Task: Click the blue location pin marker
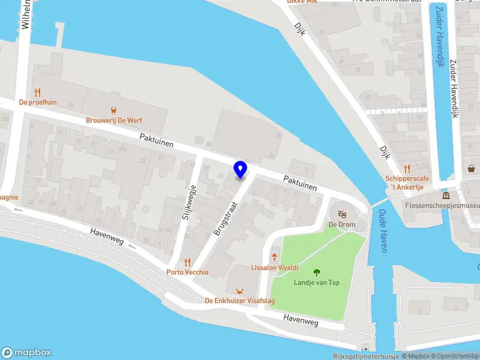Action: click(x=241, y=169)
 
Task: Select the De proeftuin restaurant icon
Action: click(x=38, y=92)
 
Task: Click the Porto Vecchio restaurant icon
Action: click(x=187, y=262)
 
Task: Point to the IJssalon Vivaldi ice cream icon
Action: click(x=275, y=257)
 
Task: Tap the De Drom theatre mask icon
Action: click(x=342, y=214)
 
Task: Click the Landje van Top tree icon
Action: click(x=316, y=272)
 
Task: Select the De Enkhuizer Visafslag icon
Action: click(x=240, y=290)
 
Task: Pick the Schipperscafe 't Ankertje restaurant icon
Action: click(x=407, y=169)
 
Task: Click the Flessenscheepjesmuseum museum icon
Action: click(x=445, y=196)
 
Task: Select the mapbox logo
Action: click(x=26, y=353)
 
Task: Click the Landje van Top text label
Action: click(x=316, y=283)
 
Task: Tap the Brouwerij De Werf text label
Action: click(x=113, y=120)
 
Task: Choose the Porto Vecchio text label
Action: click(x=187, y=272)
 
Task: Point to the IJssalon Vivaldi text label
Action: click(x=275, y=267)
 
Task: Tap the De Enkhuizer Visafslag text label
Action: click(x=240, y=301)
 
